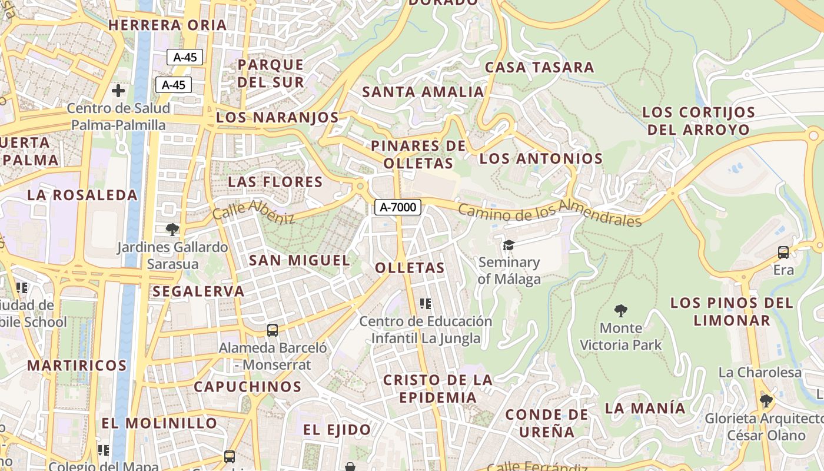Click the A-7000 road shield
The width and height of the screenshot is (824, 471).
pos(398,207)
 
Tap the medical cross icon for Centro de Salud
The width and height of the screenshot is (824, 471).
pos(118,91)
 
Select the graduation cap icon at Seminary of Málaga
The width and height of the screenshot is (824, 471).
pos(509,245)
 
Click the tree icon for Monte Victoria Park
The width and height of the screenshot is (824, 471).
pos(620,310)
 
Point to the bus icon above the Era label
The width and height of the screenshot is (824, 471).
pos(783,253)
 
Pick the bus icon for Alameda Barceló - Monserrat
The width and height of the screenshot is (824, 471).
pos(272,330)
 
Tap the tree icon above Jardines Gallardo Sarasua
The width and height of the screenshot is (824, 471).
pos(172,229)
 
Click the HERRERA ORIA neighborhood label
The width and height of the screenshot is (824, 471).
pos(168,25)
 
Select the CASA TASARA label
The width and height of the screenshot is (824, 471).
pos(539,67)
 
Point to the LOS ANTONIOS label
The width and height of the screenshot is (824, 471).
pos(541,158)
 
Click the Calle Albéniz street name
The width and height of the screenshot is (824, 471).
pos(254,212)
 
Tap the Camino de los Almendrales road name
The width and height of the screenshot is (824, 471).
pos(549,213)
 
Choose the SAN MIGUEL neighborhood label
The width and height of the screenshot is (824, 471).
pos(299,260)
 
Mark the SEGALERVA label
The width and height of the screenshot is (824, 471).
pos(198,291)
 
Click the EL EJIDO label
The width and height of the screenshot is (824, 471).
pos(337,430)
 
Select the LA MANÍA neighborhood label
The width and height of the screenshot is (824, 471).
pos(645,408)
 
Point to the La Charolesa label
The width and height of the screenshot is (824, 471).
pos(760,372)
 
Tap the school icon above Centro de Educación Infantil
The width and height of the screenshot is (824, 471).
pos(426,304)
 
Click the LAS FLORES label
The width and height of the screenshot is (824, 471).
pos(275,181)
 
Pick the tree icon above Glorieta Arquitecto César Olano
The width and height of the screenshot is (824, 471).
pos(766,401)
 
